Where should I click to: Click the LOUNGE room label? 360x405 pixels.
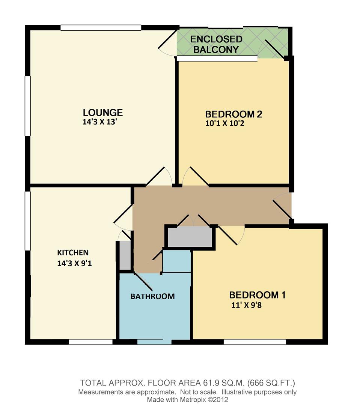tap(103, 112)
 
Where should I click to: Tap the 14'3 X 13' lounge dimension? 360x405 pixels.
tap(102, 122)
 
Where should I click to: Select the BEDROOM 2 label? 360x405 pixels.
tap(233, 114)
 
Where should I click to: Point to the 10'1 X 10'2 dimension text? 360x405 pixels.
tap(225, 123)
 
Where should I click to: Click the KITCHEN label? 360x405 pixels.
tap(73, 252)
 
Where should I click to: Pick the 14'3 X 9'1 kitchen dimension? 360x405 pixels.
tap(74, 263)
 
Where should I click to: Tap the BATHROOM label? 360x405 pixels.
tap(152, 296)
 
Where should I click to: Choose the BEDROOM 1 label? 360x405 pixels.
tap(257, 295)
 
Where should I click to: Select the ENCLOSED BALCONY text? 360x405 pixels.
tap(216, 44)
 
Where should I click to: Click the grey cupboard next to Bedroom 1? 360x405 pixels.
tap(190, 237)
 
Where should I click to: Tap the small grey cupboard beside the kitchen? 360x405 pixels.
tap(125, 255)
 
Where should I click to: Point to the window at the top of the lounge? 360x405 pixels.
tap(101, 27)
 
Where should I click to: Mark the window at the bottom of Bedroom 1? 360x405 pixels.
tap(255, 342)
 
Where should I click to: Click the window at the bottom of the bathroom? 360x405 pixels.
tap(154, 342)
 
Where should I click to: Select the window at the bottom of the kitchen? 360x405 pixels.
tap(90, 342)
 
